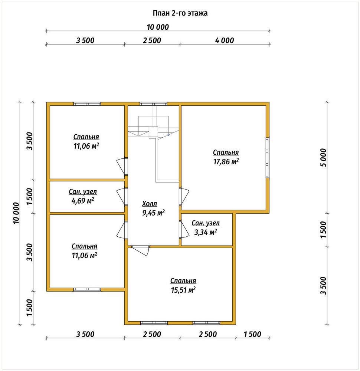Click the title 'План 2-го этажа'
click(x=180, y=13)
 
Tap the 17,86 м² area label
click(x=226, y=162)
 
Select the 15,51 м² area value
click(x=183, y=290)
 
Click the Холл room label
click(x=150, y=203)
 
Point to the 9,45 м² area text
click(x=153, y=213)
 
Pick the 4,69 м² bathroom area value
click(x=83, y=201)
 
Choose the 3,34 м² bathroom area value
click(x=206, y=232)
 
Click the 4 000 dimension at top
click(x=225, y=40)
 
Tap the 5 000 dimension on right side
click(x=323, y=158)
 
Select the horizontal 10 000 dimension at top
click(x=158, y=27)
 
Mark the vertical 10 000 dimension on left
click(x=16, y=213)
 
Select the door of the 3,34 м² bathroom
click(x=184, y=229)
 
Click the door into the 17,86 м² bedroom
click(x=184, y=196)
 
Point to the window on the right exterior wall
click(x=268, y=158)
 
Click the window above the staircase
click(x=153, y=104)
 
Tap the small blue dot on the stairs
click(x=168, y=135)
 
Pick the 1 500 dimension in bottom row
click(x=252, y=334)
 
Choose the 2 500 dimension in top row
click(x=152, y=40)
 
